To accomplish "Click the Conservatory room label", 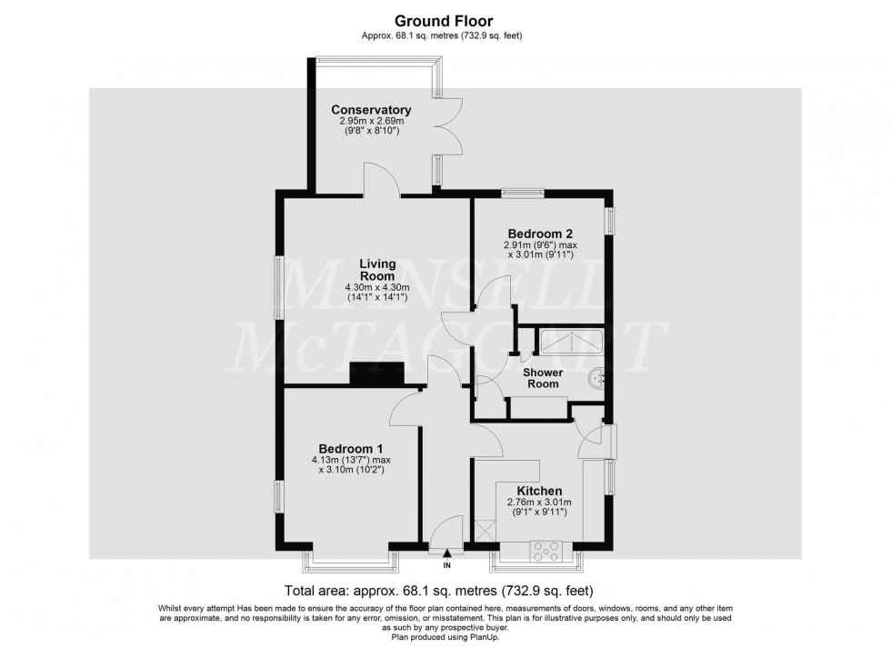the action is tap(371, 110).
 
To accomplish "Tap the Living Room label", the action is tap(378, 270).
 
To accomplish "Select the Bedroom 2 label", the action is tap(540, 234).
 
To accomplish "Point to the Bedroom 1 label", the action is tap(351, 448).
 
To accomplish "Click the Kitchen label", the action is tap(539, 491).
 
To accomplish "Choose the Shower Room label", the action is tap(543, 378).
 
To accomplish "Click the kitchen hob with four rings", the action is tap(546, 551).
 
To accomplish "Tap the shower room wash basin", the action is tap(597, 378).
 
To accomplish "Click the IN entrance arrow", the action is tap(446, 552).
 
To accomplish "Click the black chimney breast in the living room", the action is tap(376, 374).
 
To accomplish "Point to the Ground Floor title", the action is tap(444, 21).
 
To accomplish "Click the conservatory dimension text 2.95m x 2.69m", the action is tap(372, 122).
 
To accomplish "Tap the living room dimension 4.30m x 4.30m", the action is tap(377, 287).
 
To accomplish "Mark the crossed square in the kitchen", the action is tap(486, 531).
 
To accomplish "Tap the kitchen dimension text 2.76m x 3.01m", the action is tap(539, 503).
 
